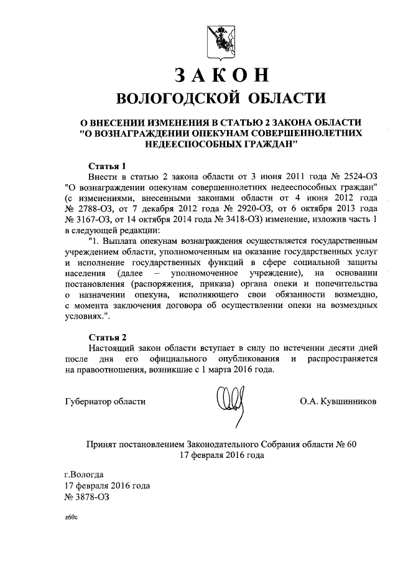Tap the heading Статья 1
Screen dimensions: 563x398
click(107, 166)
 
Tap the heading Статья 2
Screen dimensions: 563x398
click(107, 337)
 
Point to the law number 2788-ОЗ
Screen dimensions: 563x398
click(91, 211)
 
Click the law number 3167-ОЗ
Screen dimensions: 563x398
click(91, 222)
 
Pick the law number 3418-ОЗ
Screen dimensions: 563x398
click(239, 222)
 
